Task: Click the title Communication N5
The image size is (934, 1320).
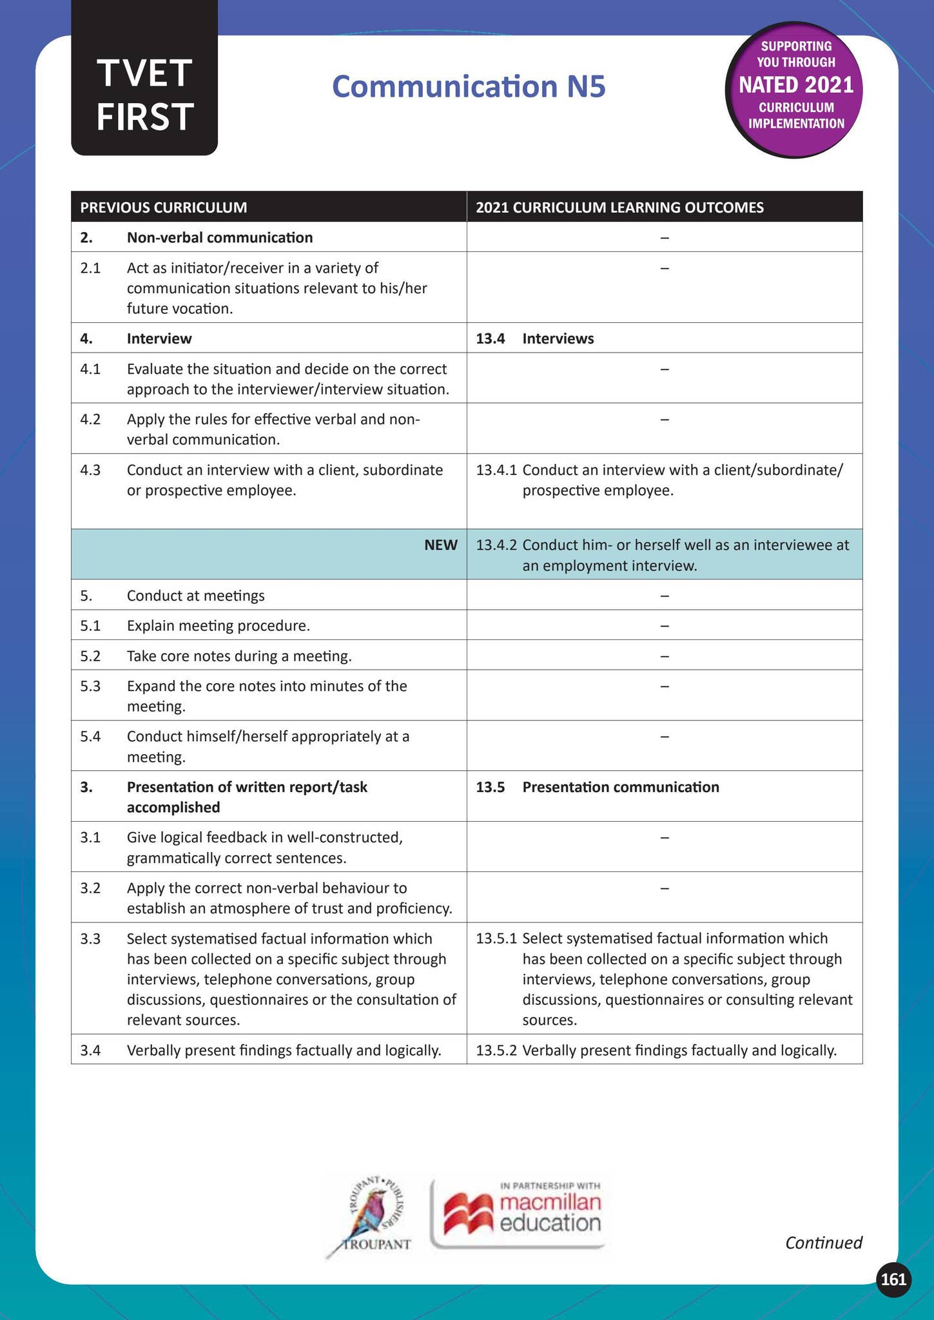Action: tap(469, 87)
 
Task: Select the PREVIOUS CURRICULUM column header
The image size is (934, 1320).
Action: tap(163, 208)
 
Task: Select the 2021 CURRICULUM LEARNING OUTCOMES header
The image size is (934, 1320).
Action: tap(619, 208)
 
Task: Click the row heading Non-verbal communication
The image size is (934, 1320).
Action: tap(220, 237)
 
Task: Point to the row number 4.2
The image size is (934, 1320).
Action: tap(90, 420)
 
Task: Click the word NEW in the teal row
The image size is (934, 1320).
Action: tap(440, 545)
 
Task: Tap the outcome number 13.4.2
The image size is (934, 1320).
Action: tap(496, 545)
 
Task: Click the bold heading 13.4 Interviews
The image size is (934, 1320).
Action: tap(535, 338)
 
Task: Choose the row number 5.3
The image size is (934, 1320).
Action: tap(90, 686)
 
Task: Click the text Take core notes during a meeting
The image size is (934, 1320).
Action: tap(239, 656)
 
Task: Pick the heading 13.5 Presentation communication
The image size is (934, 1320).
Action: tap(598, 787)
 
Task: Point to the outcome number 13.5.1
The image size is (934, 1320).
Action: tap(496, 938)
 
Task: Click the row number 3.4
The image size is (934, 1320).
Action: tap(90, 1051)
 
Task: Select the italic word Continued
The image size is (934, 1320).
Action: tap(823, 1242)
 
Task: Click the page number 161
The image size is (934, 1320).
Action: tap(893, 1279)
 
